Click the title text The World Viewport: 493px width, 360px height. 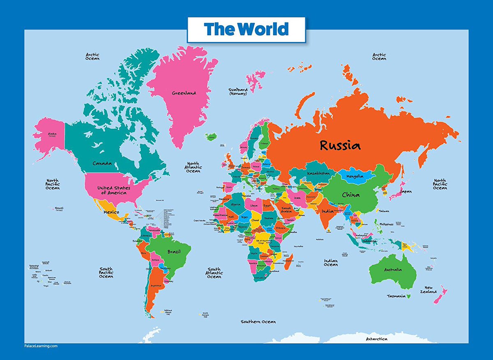pyautogui.click(x=246, y=29)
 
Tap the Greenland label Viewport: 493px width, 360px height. pyautogui.click(x=184, y=93)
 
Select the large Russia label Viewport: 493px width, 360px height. pyautogui.click(x=340, y=145)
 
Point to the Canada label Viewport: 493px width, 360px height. pyautogui.click(x=102, y=163)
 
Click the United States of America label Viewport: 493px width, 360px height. pyautogui.click(x=113, y=190)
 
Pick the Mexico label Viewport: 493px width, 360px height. pyautogui.click(x=111, y=212)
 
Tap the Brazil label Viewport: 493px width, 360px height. pyautogui.click(x=175, y=252)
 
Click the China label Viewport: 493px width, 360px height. pyautogui.click(x=350, y=195)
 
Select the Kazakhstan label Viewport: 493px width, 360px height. pyautogui.click(x=318, y=174)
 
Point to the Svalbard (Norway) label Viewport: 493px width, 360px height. pyautogui.click(x=238, y=91)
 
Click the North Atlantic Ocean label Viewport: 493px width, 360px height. pyautogui.click(x=193, y=167)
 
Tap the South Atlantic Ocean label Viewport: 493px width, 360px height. pyautogui.click(x=214, y=273)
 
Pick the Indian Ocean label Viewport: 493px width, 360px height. pyautogui.click(x=331, y=262)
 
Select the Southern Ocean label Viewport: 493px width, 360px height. pyautogui.click(x=258, y=322)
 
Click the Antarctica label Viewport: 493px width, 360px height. pyautogui.click(x=377, y=339)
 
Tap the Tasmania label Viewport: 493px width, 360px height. pyautogui.click(x=396, y=296)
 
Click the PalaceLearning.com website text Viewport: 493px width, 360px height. pyautogui.click(x=40, y=346)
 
